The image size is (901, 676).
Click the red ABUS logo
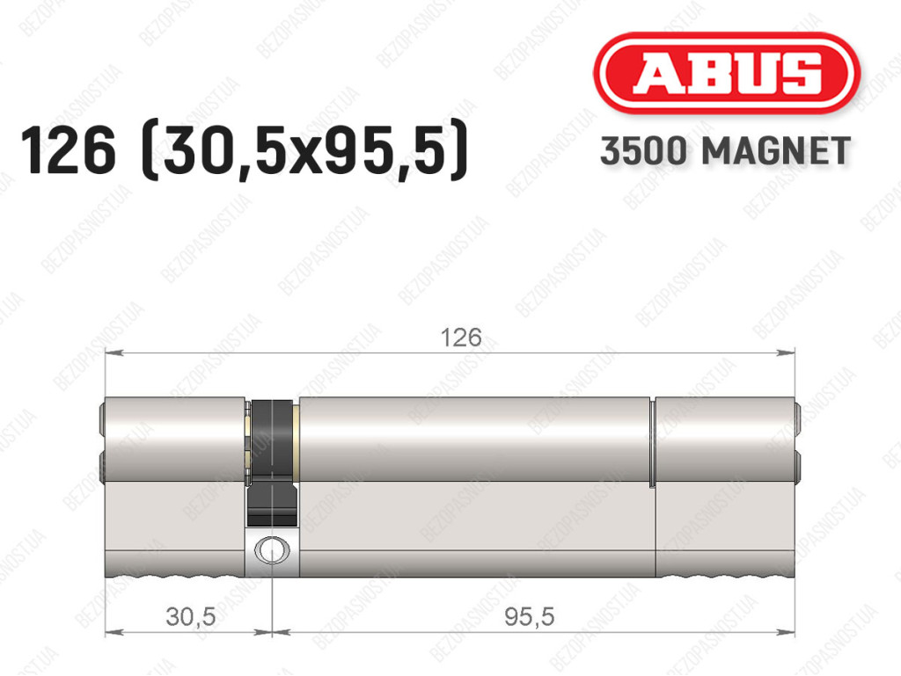(726, 73)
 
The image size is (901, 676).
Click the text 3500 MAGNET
(725, 151)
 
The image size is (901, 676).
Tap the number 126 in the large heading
(69, 151)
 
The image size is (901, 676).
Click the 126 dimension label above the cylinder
(461, 338)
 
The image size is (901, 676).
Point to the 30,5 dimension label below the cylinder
(191, 617)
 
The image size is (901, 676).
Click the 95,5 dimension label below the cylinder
(529, 617)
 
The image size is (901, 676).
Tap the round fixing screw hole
(271, 550)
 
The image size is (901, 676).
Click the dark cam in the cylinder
(272, 459)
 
